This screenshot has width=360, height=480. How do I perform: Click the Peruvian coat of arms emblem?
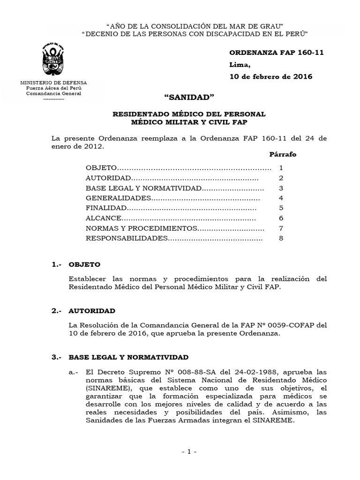[x=53, y=60]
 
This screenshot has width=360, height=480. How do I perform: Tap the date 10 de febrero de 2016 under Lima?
[x=270, y=77]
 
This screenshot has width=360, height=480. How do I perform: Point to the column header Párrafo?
[x=283, y=154]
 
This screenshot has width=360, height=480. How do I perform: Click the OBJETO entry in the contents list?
[x=100, y=168]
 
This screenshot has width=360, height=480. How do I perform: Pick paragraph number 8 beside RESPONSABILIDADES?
[x=281, y=238]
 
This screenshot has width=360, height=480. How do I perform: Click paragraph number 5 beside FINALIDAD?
[x=281, y=208]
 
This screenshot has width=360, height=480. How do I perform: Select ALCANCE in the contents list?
[x=104, y=218]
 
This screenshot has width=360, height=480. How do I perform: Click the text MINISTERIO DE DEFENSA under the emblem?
[x=53, y=82]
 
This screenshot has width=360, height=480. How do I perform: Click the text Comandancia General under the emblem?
[x=53, y=93]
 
